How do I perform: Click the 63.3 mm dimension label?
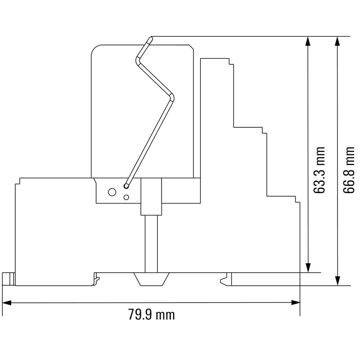pyautogui.click(x=319, y=170)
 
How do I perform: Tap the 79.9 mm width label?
pyautogui.click(x=152, y=315)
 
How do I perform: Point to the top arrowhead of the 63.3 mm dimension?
pyautogui.click(x=308, y=40)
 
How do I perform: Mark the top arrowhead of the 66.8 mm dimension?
pyautogui.click(x=337, y=40)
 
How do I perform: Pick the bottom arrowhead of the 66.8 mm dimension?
pyautogui.click(x=337, y=281)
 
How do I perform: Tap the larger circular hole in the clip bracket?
pyautogui.click(x=109, y=192)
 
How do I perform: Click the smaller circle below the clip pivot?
pyautogui.click(x=126, y=197)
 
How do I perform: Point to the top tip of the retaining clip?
pyautogui.click(x=150, y=40)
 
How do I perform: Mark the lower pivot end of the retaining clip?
pyautogui.click(x=127, y=185)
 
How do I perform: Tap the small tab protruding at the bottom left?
pyautogui.click(x=8, y=279)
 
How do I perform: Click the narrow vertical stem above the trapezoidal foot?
pyautogui.click(x=151, y=243)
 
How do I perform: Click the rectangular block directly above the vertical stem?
pyautogui.click(x=151, y=196)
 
